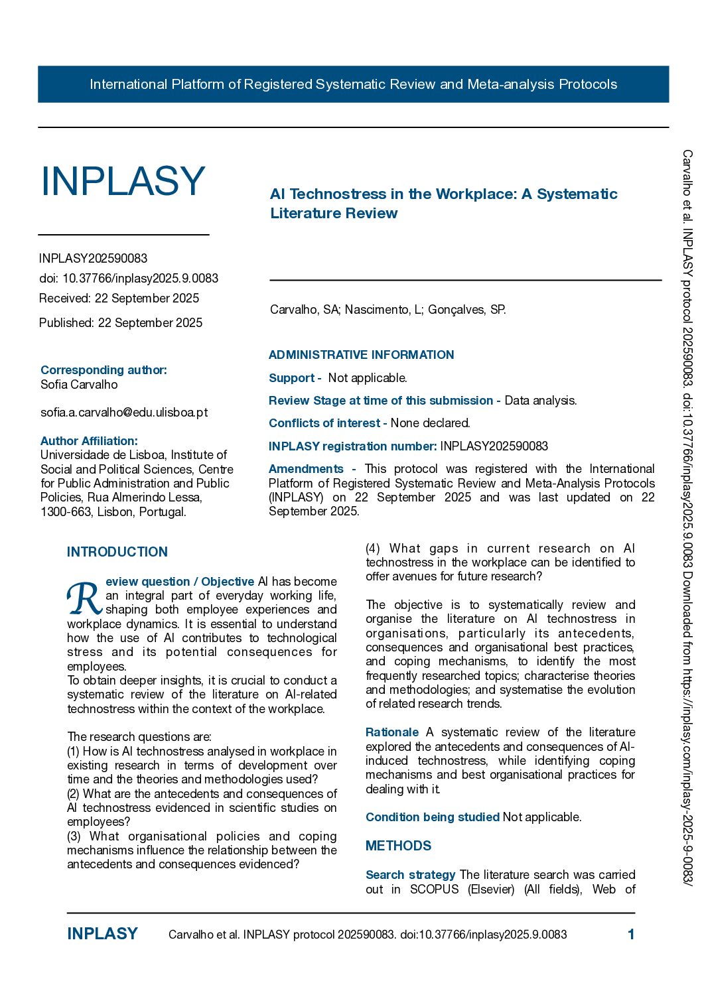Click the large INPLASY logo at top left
coord(123,181)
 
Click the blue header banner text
coord(353,84)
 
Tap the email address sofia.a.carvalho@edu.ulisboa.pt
coord(124,412)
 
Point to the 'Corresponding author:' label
coord(104,370)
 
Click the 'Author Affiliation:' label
coord(89,441)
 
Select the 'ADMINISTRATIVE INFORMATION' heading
coord(361,355)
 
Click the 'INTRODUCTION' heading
coord(117,552)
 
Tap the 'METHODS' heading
coord(398,846)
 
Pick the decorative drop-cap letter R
coord(84,598)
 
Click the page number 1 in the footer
coord(631,935)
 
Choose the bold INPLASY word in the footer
coord(102,934)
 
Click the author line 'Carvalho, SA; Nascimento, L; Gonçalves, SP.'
coord(387,310)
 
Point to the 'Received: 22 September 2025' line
coord(119,298)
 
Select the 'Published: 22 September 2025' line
coord(121,323)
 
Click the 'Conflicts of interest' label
coord(324,423)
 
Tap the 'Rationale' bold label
coord(391,732)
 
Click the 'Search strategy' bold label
coord(410,875)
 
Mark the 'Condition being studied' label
coord(432,817)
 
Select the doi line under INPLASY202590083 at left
coord(129,279)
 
